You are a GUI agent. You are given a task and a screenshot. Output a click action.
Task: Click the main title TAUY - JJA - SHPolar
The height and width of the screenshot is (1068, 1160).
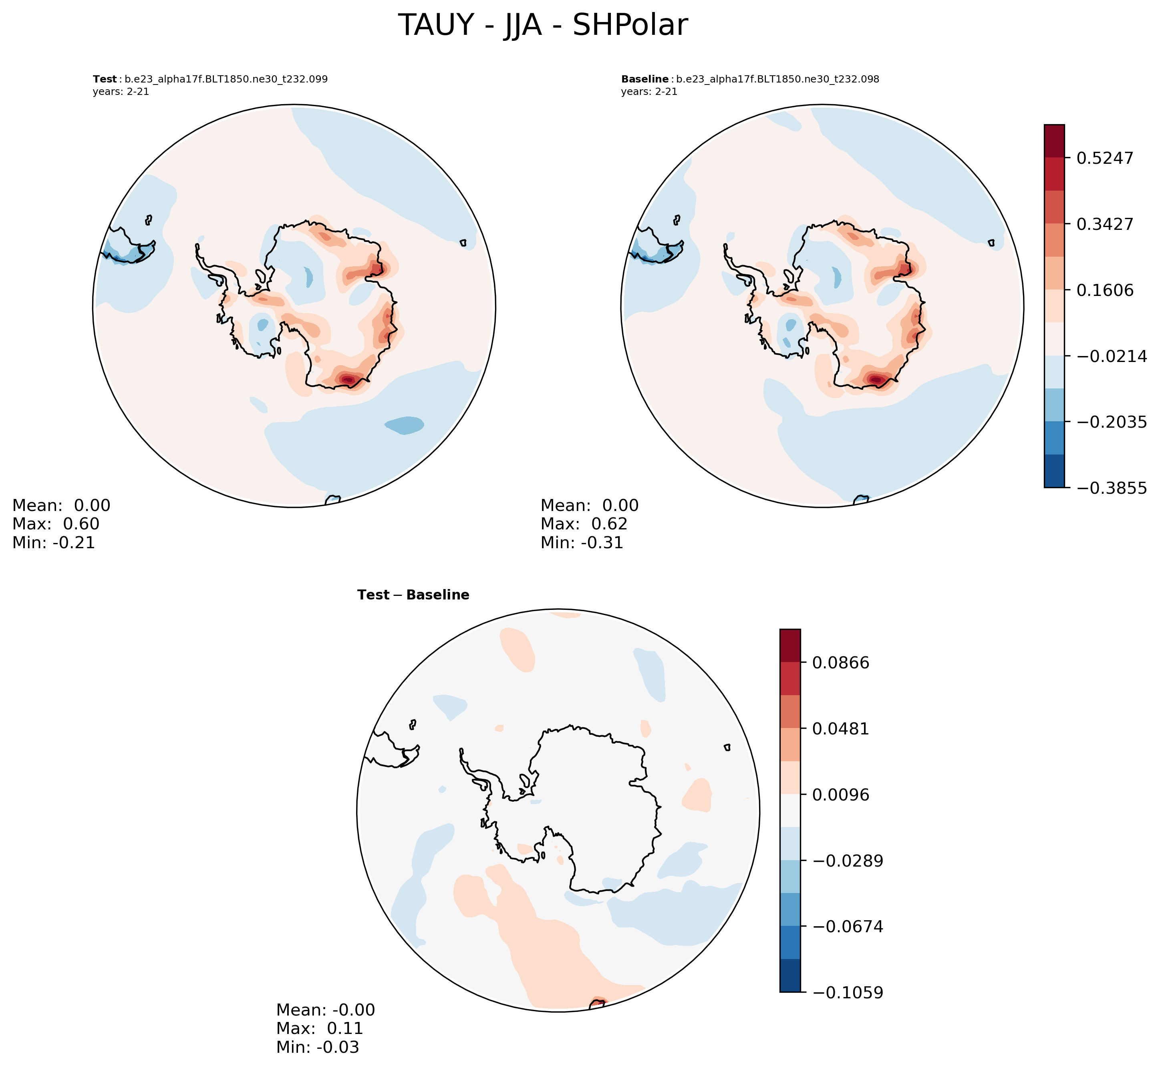coord(543,26)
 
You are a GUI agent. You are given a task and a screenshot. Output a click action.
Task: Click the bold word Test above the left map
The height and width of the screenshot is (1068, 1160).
coord(105,79)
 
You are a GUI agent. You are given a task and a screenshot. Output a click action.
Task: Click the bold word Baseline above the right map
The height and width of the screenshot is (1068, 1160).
coord(644,79)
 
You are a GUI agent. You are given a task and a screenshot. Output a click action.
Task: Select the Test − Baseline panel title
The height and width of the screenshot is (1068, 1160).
coord(413,595)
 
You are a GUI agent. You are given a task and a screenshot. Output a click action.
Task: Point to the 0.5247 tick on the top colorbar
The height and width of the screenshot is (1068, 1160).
coord(1104,158)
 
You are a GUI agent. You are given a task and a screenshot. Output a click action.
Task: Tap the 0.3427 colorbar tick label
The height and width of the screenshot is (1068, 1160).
coord(1104,224)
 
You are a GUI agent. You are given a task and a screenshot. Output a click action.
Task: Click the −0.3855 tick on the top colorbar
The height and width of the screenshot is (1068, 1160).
coord(1111,488)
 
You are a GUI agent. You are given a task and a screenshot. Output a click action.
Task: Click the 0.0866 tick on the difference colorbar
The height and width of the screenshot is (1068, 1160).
coord(840,663)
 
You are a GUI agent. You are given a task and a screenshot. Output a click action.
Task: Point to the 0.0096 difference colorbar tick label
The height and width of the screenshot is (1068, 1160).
coord(840,795)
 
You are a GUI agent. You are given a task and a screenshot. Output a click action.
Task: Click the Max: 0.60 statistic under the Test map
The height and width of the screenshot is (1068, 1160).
coord(56,524)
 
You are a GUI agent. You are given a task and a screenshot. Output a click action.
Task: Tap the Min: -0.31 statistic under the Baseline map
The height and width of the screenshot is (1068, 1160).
coord(582,543)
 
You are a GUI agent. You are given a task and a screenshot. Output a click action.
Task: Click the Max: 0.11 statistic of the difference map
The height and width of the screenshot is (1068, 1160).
coord(320,1029)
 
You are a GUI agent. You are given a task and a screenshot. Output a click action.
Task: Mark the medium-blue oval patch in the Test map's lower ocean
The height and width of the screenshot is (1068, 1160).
coord(405,425)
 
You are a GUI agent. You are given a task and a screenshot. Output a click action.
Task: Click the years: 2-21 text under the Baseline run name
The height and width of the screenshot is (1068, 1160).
coord(649,92)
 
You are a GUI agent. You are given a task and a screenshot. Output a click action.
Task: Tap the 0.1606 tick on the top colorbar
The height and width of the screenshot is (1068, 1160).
coord(1104,290)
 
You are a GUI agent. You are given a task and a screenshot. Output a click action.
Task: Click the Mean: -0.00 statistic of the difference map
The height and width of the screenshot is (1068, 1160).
coord(325,1010)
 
